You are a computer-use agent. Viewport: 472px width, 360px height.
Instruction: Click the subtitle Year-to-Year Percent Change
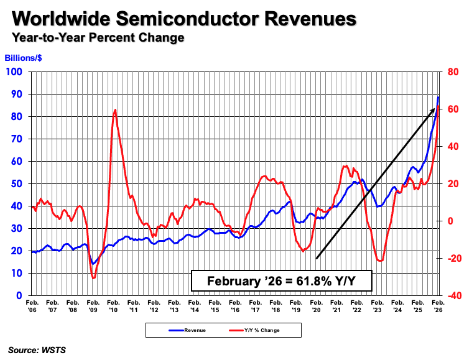(x=98, y=38)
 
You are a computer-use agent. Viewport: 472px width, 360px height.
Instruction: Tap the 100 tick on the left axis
(x=16, y=72)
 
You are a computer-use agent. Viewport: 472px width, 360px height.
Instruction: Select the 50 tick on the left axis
(x=18, y=184)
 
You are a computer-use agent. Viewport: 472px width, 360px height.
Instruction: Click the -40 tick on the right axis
(x=451, y=296)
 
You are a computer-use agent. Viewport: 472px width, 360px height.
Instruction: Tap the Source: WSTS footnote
(x=37, y=350)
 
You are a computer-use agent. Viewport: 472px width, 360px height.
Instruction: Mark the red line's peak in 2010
(x=115, y=110)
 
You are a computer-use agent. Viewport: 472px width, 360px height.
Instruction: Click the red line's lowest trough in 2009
(x=93, y=278)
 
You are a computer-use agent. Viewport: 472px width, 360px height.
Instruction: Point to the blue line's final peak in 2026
(x=438, y=97)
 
